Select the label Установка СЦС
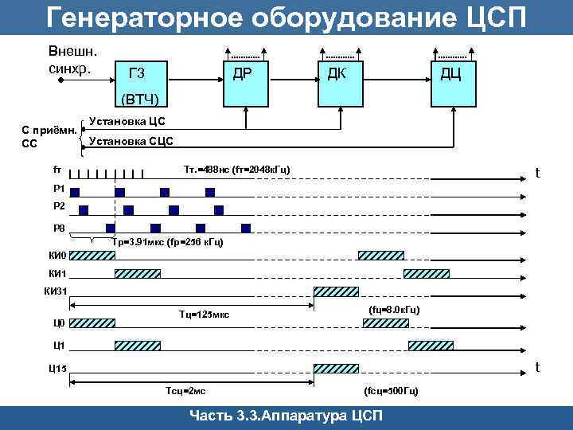[130, 141]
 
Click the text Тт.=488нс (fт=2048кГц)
[236, 170]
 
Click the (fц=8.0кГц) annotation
[395, 308]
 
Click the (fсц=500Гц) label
[391, 391]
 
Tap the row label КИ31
[59, 291]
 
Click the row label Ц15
[58, 368]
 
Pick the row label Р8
[58, 229]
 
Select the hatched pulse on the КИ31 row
[336, 291]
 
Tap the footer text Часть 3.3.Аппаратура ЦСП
[286, 417]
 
